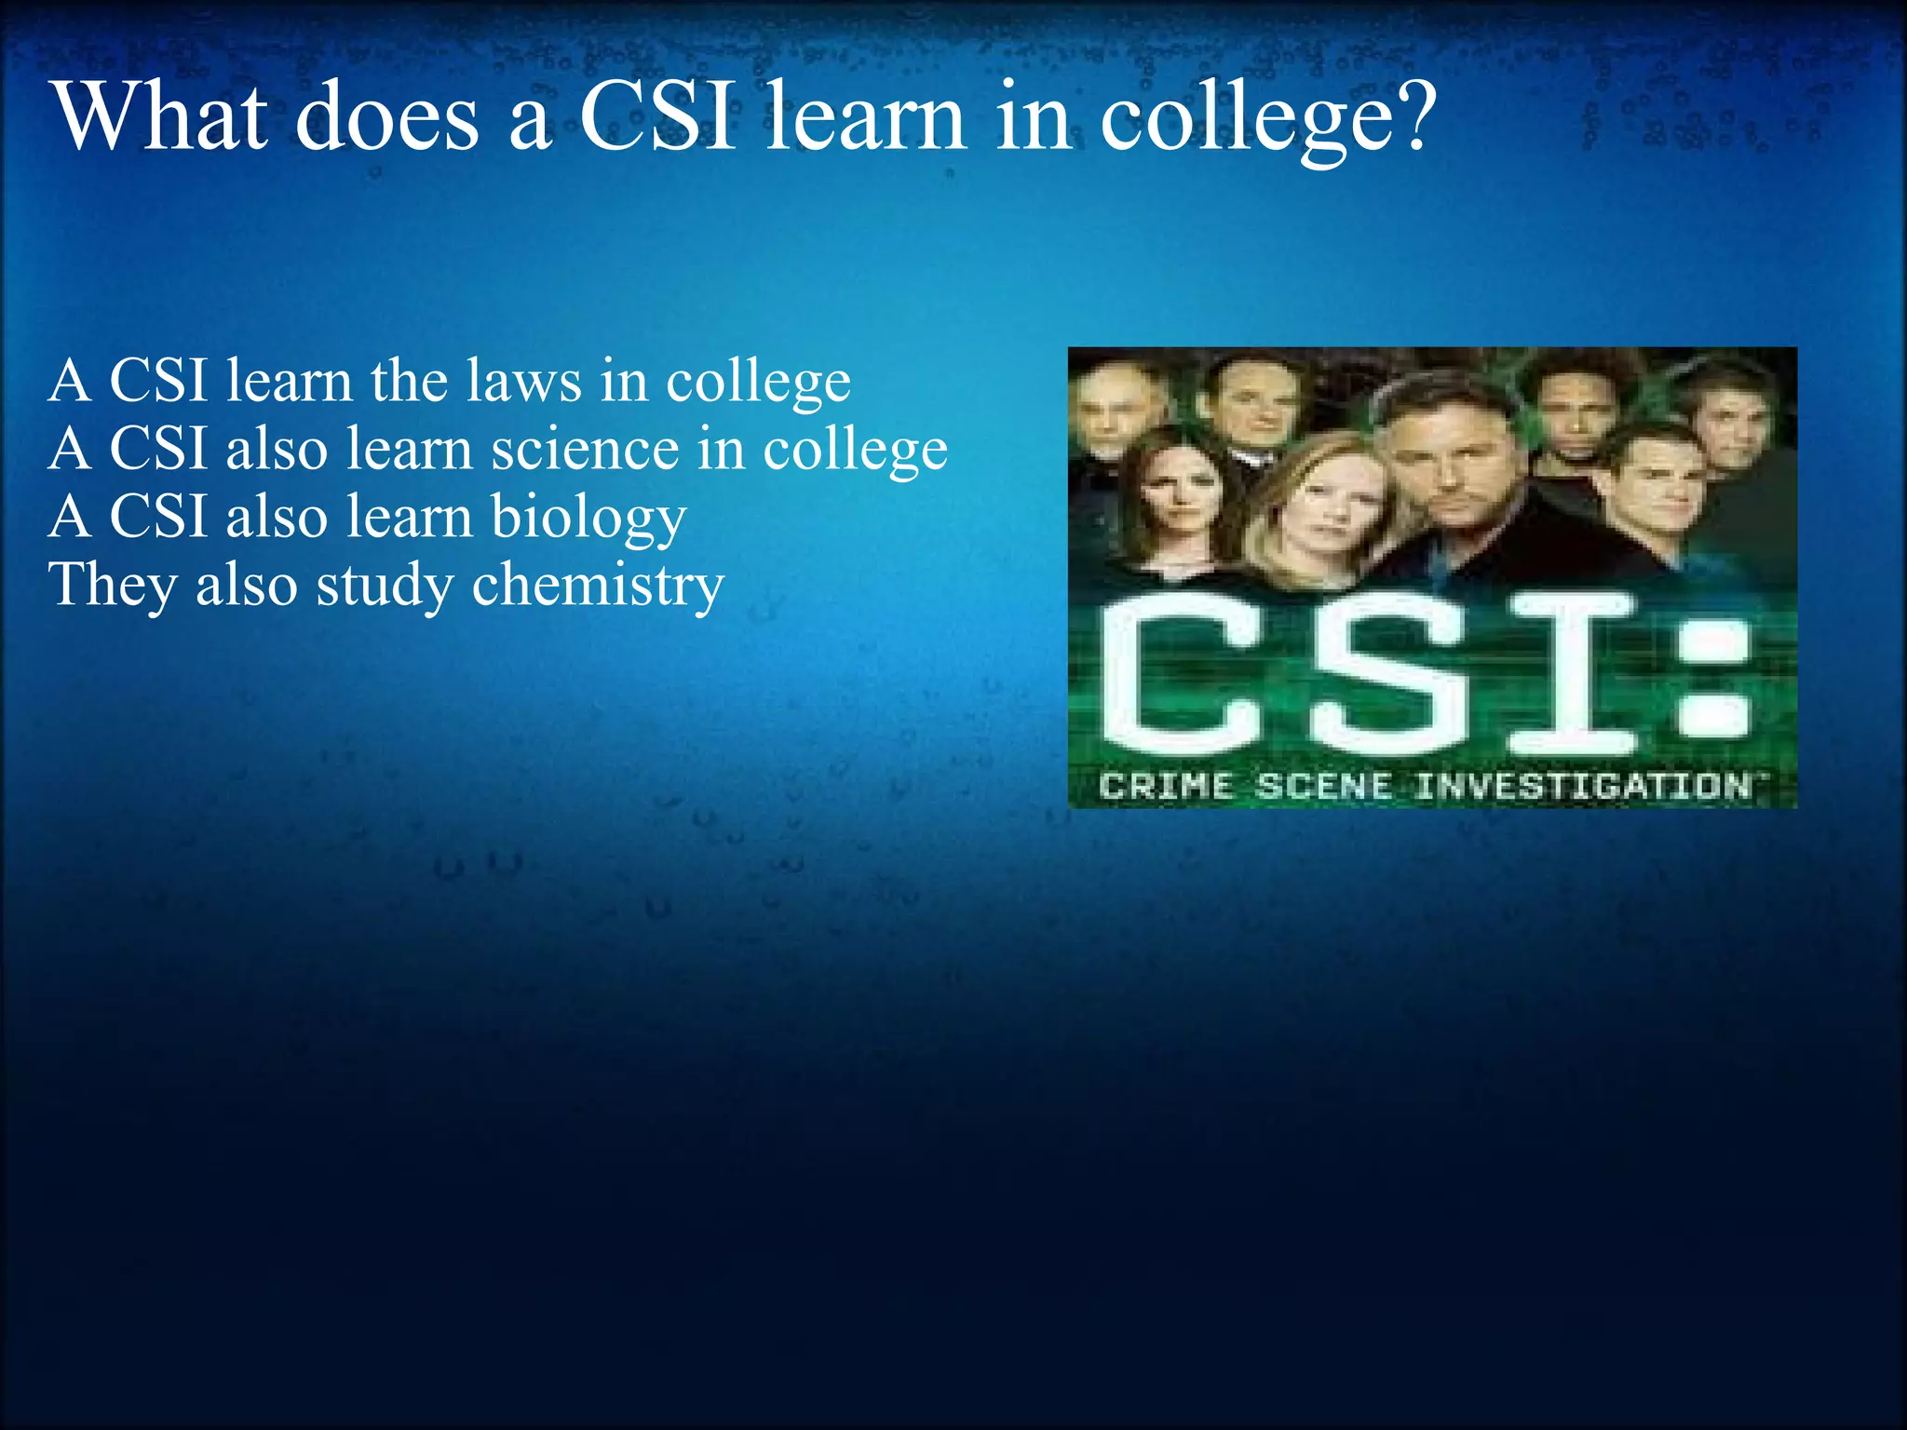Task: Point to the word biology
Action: pyautogui.click(x=588, y=518)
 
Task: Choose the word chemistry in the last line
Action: pyautogui.click(x=598, y=586)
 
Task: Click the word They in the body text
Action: pyautogui.click(x=113, y=586)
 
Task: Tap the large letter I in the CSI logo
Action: pyautogui.click(x=1572, y=675)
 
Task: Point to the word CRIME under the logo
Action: pyautogui.click(x=1166, y=787)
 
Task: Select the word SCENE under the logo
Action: pyautogui.click(x=1324, y=787)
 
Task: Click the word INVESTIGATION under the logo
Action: pyautogui.click(x=1583, y=787)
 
